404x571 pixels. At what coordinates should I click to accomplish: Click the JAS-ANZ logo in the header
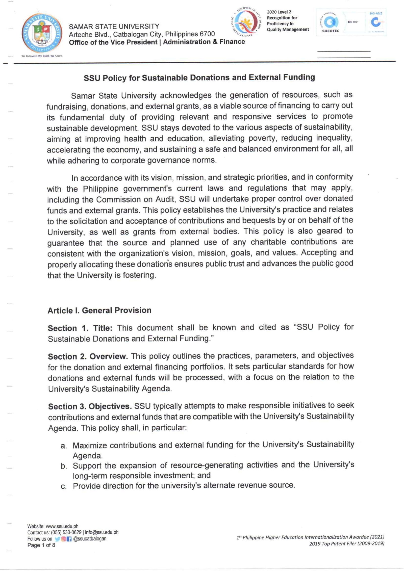click(x=376, y=22)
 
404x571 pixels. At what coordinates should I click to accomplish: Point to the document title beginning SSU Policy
click(x=199, y=77)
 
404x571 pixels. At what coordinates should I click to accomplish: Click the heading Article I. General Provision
click(x=99, y=310)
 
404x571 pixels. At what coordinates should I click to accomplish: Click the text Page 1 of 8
click(x=41, y=545)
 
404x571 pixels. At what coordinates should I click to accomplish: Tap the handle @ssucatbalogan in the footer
click(x=90, y=539)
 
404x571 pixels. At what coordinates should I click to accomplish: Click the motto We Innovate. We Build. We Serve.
click(x=42, y=56)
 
